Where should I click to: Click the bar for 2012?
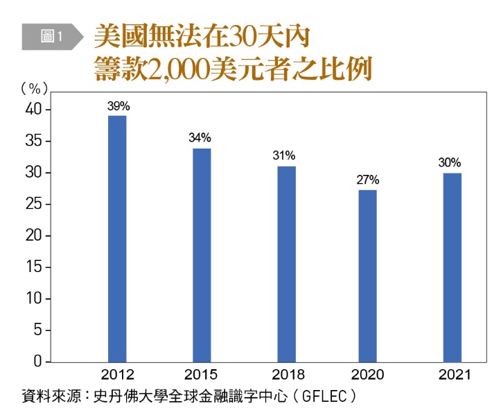[118, 238]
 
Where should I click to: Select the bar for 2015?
[201, 255]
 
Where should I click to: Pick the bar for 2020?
[367, 276]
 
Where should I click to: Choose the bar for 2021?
[451, 267]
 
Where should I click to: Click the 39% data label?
[118, 106]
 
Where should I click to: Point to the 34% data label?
[201, 137]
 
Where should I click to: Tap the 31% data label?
[284, 155]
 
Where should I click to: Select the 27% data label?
[368, 180]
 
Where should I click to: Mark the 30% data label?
[450, 163]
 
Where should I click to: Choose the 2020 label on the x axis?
[368, 375]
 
